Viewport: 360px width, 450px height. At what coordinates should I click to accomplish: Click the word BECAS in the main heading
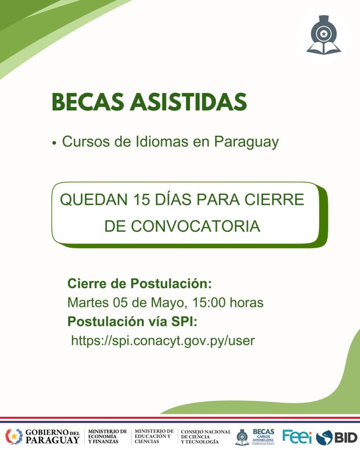coord(87,102)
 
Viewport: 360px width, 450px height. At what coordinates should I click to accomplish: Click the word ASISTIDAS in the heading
coord(188,102)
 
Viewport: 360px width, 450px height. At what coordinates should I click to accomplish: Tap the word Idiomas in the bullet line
coord(162,142)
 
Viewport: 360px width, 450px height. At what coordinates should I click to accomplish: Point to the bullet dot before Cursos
coord(55,143)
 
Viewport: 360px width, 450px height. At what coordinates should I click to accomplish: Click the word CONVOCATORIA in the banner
coord(196,226)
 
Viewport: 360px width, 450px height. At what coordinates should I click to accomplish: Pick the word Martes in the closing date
coord(88,302)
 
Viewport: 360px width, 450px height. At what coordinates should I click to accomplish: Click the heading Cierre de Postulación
coord(139,283)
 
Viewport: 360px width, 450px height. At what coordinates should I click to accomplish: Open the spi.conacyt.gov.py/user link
coord(163,341)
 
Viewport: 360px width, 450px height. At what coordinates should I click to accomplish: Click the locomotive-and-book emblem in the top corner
coord(324,35)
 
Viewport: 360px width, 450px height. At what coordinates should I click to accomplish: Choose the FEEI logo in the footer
coord(297,436)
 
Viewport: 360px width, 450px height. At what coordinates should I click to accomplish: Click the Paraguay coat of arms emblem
coord(14,436)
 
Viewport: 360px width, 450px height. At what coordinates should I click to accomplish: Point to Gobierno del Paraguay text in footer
coord(53,436)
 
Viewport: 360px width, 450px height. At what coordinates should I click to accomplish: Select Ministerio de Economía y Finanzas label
coord(108,436)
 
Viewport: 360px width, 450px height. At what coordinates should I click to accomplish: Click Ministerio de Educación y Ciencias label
coord(154,436)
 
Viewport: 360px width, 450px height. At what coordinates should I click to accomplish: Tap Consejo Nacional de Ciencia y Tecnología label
coord(206,436)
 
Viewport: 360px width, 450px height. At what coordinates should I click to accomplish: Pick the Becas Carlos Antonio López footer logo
coord(255,437)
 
